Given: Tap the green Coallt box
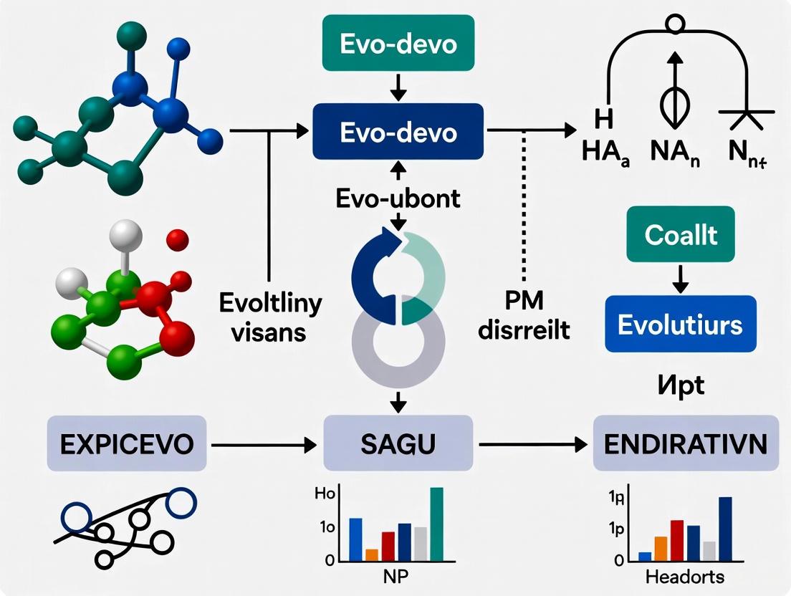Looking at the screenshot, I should pos(680,234).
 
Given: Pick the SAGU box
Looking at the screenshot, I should pos(398,444).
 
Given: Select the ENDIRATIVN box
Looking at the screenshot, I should pos(686,444).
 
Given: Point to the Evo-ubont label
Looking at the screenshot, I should pos(398,198).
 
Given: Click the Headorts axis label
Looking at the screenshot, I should pos(684,577).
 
